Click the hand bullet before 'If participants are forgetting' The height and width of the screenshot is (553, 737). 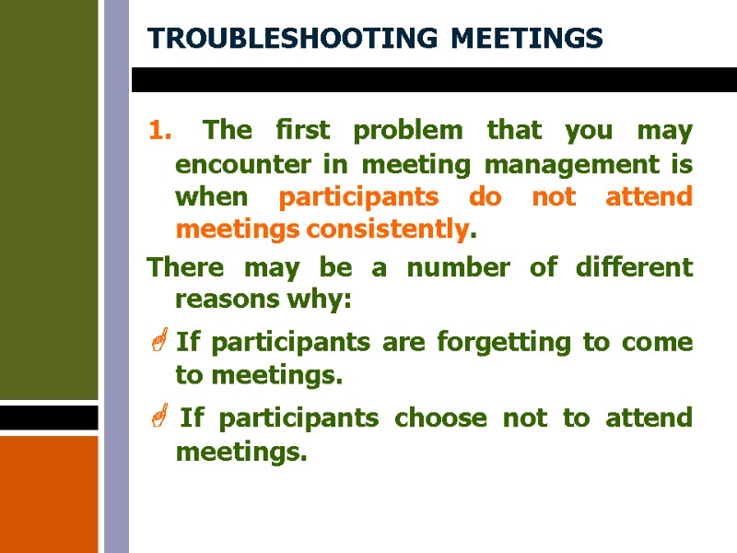157,343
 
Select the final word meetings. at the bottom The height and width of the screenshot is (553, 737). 240,452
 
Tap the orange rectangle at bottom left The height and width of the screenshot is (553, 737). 49,493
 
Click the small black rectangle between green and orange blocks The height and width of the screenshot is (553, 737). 49,418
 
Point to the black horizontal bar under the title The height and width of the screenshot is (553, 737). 433,79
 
